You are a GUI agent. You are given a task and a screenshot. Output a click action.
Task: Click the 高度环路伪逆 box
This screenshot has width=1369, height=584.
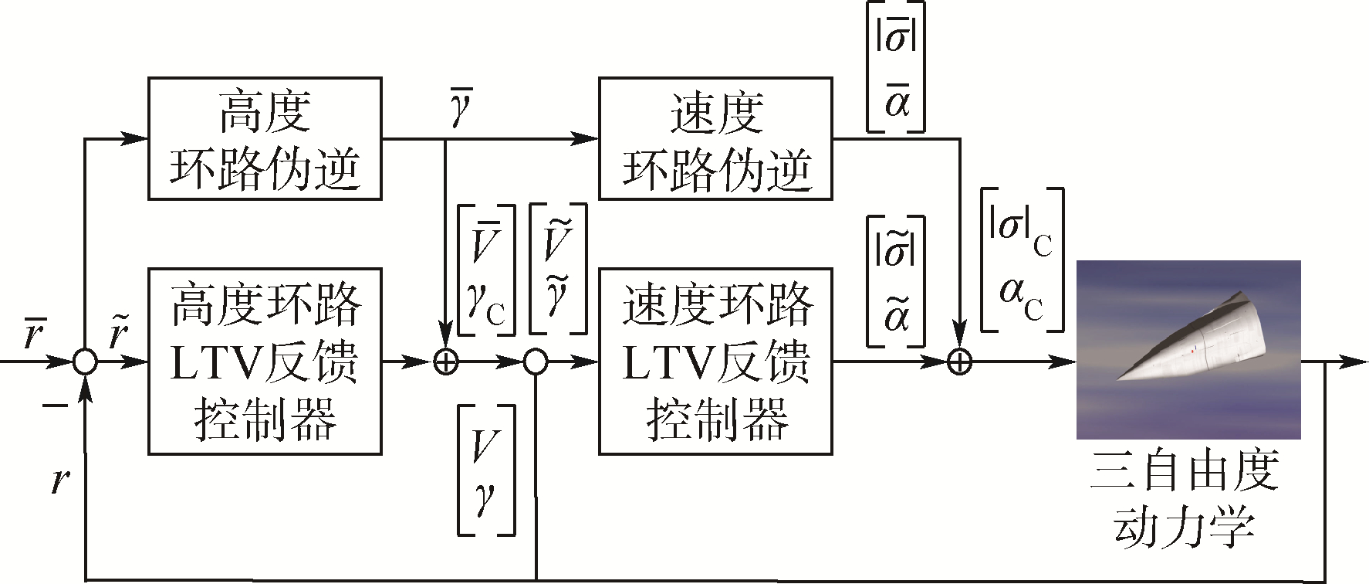click(265, 138)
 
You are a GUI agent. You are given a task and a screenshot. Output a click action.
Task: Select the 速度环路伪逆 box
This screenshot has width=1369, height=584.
click(715, 138)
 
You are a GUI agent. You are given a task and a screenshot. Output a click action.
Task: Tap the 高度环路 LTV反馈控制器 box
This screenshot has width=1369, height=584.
click(265, 361)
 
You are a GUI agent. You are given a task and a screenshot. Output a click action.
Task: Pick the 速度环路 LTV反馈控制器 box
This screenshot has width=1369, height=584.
click(715, 361)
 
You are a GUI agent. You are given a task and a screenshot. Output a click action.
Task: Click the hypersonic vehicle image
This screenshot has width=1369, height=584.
click(1188, 349)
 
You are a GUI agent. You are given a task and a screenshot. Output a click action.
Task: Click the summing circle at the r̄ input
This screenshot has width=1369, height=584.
click(85, 361)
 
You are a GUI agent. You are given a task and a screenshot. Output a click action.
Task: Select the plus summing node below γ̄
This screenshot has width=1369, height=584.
click(446, 361)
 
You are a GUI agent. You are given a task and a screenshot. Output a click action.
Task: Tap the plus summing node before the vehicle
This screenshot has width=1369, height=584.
click(958, 361)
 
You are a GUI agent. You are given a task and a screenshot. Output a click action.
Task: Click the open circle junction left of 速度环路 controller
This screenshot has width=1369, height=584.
click(536, 361)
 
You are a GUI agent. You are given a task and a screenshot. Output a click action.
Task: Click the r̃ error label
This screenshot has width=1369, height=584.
click(117, 334)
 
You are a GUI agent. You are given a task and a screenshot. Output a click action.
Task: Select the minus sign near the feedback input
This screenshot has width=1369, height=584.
click(54, 405)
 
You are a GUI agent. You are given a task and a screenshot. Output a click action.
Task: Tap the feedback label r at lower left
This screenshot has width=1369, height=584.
click(59, 480)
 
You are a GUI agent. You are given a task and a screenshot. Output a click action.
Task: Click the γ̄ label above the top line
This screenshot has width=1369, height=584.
click(461, 109)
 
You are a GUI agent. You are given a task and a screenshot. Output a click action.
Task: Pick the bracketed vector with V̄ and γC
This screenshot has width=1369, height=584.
click(486, 270)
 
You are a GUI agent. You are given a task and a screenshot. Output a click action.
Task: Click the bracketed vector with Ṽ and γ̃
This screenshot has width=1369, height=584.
click(557, 269)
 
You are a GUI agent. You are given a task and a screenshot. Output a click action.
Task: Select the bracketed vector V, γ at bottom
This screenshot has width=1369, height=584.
click(486, 470)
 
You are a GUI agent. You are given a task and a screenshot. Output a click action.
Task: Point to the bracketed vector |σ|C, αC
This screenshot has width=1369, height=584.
click(1022, 260)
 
